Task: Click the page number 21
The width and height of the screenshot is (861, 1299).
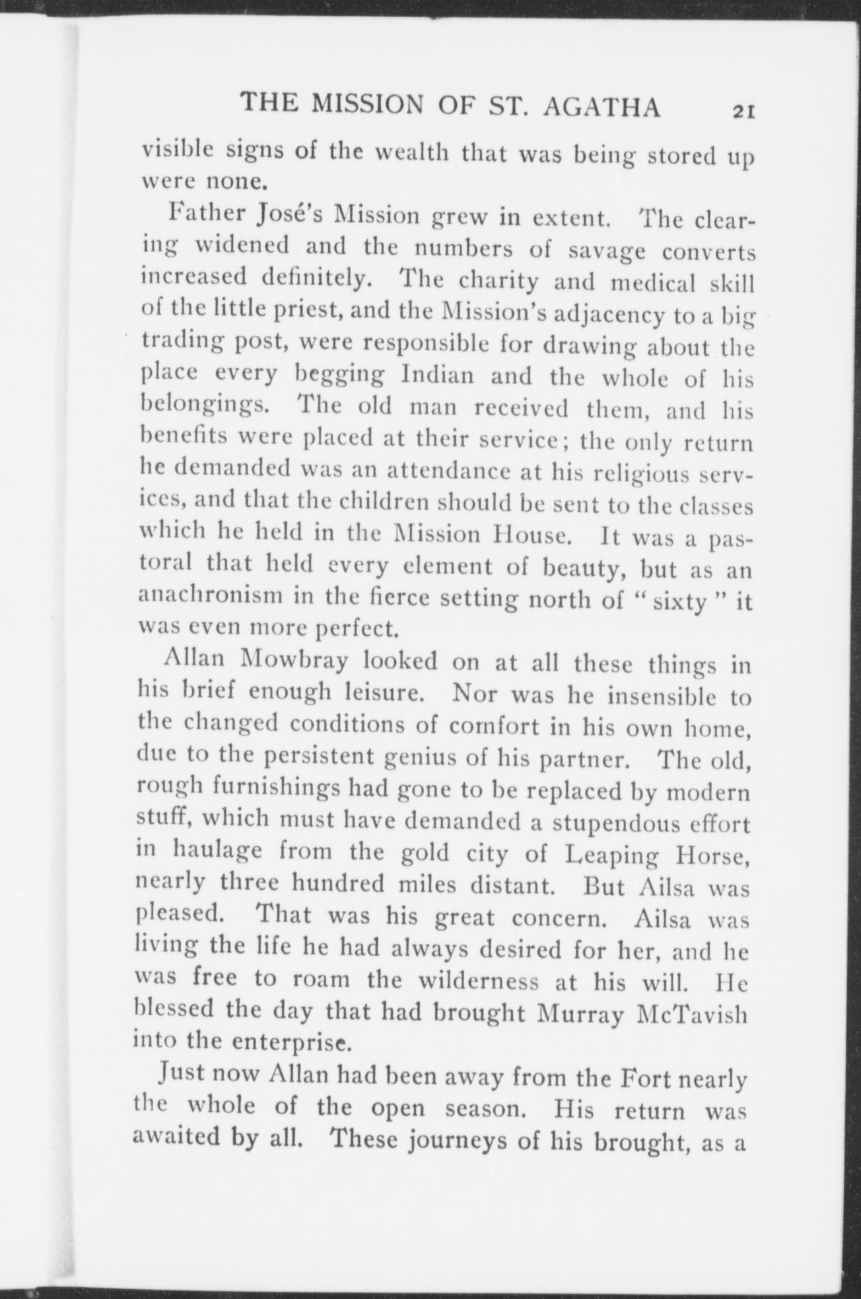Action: (x=741, y=112)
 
